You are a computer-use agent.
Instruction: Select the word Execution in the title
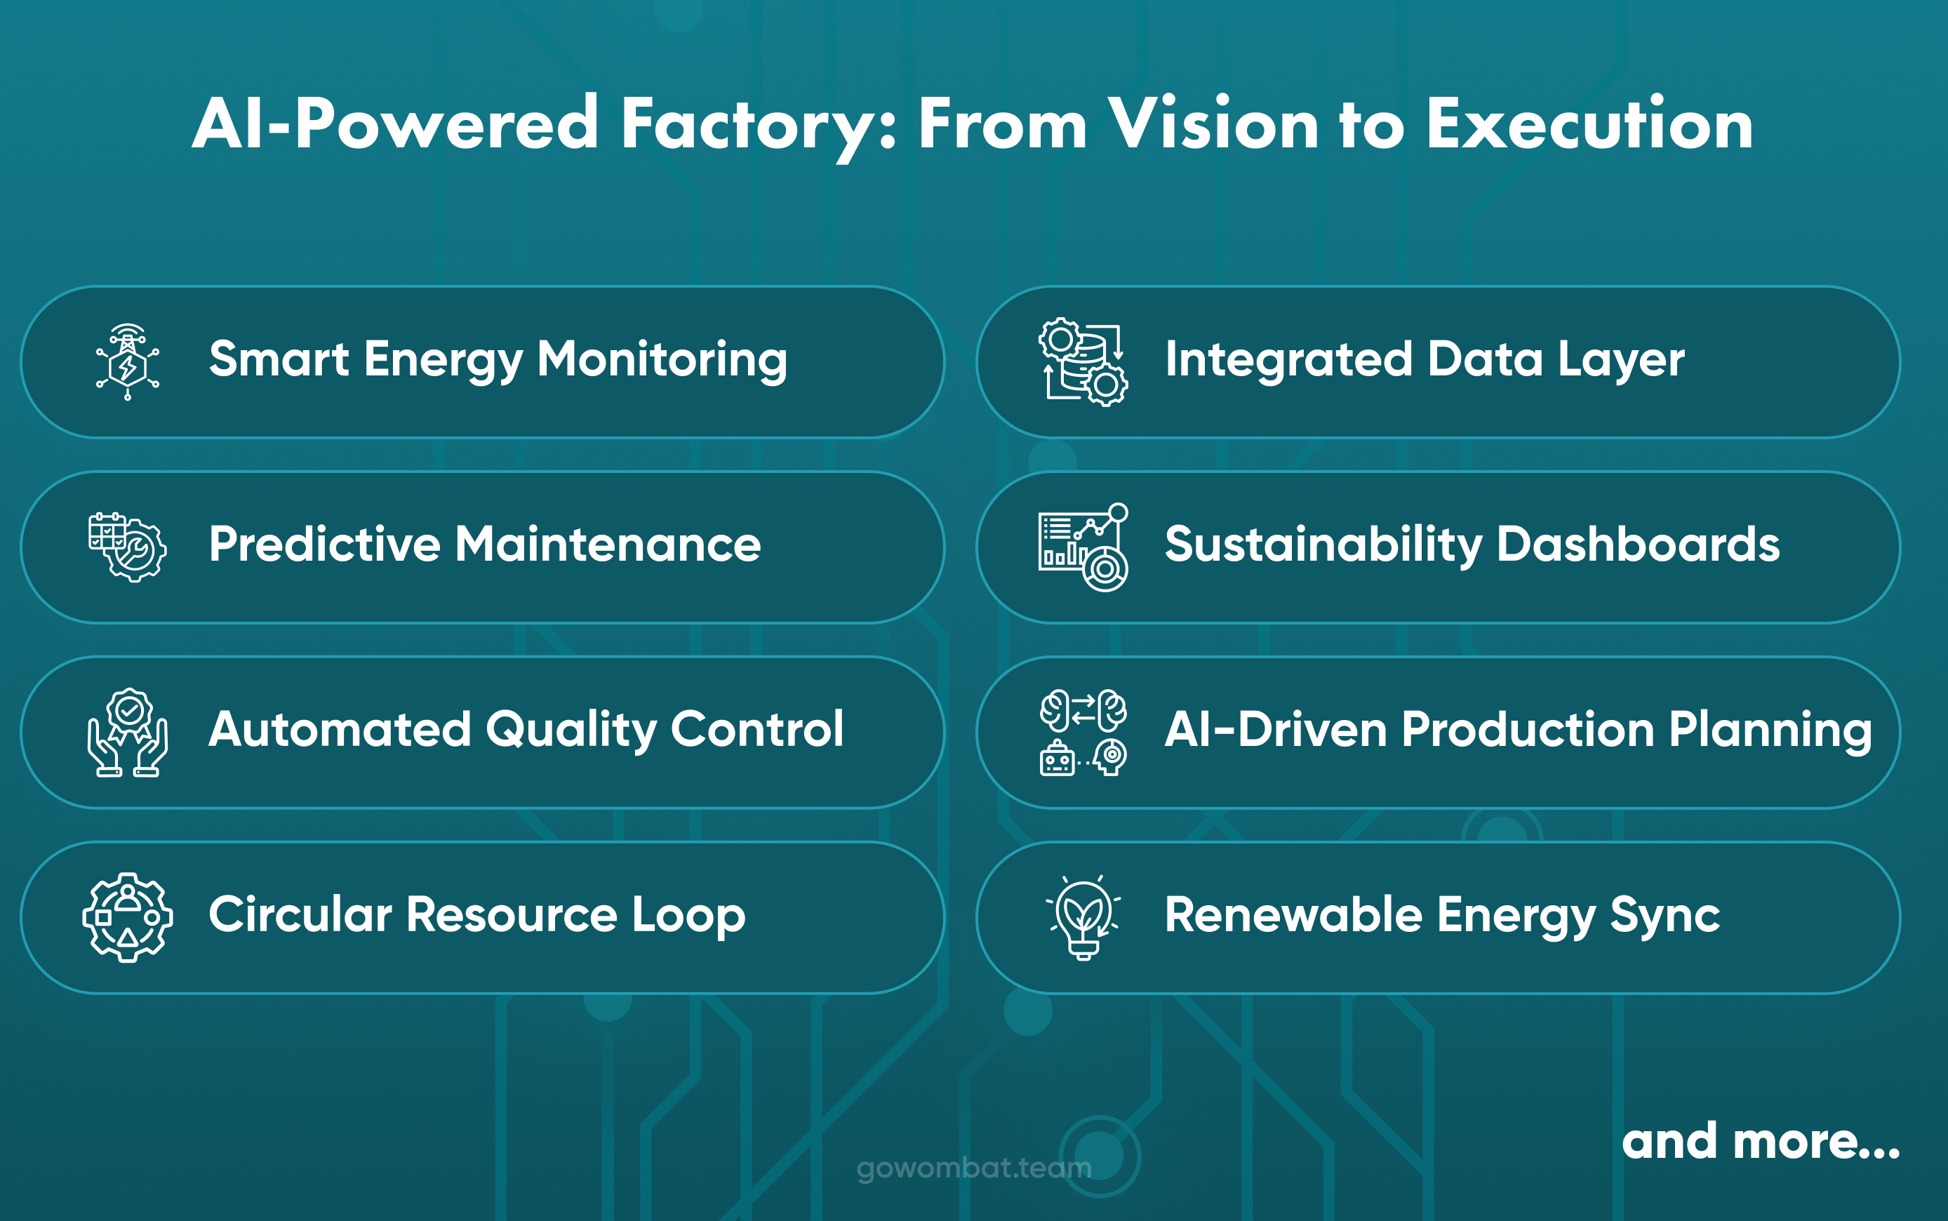(1589, 125)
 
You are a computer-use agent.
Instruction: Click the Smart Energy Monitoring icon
(128, 362)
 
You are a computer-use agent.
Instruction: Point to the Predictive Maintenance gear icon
(128, 547)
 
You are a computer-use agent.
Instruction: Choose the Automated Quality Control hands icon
(128, 732)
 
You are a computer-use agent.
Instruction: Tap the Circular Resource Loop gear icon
(128, 916)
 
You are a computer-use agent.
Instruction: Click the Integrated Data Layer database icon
(1083, 362)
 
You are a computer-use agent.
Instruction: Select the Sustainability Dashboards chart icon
(1083, 547)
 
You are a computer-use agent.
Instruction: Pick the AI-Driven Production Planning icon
(1083, 732)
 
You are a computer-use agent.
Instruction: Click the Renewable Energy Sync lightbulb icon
(1083, 916)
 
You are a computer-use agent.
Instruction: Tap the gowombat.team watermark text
(973, 1168)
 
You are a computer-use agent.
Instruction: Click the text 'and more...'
(1761, 1141)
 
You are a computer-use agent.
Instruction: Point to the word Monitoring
(662, 359)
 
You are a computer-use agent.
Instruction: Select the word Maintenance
(607, 545)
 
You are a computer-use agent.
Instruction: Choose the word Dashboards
(1638, 545)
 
